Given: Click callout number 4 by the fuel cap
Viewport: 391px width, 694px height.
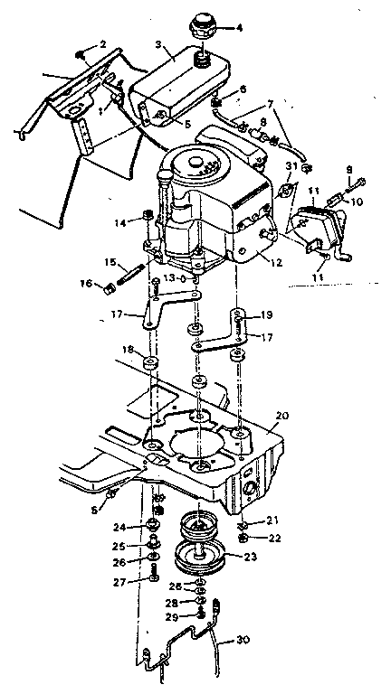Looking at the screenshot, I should (239, 28).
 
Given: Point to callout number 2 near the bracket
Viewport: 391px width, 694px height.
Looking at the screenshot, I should (102, 43).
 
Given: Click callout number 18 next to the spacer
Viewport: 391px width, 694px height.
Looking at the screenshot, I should (129, 350).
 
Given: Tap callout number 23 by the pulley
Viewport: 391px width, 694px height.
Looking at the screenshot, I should (250, 557).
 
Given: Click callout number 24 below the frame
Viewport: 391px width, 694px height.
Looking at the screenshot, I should (119, 528).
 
